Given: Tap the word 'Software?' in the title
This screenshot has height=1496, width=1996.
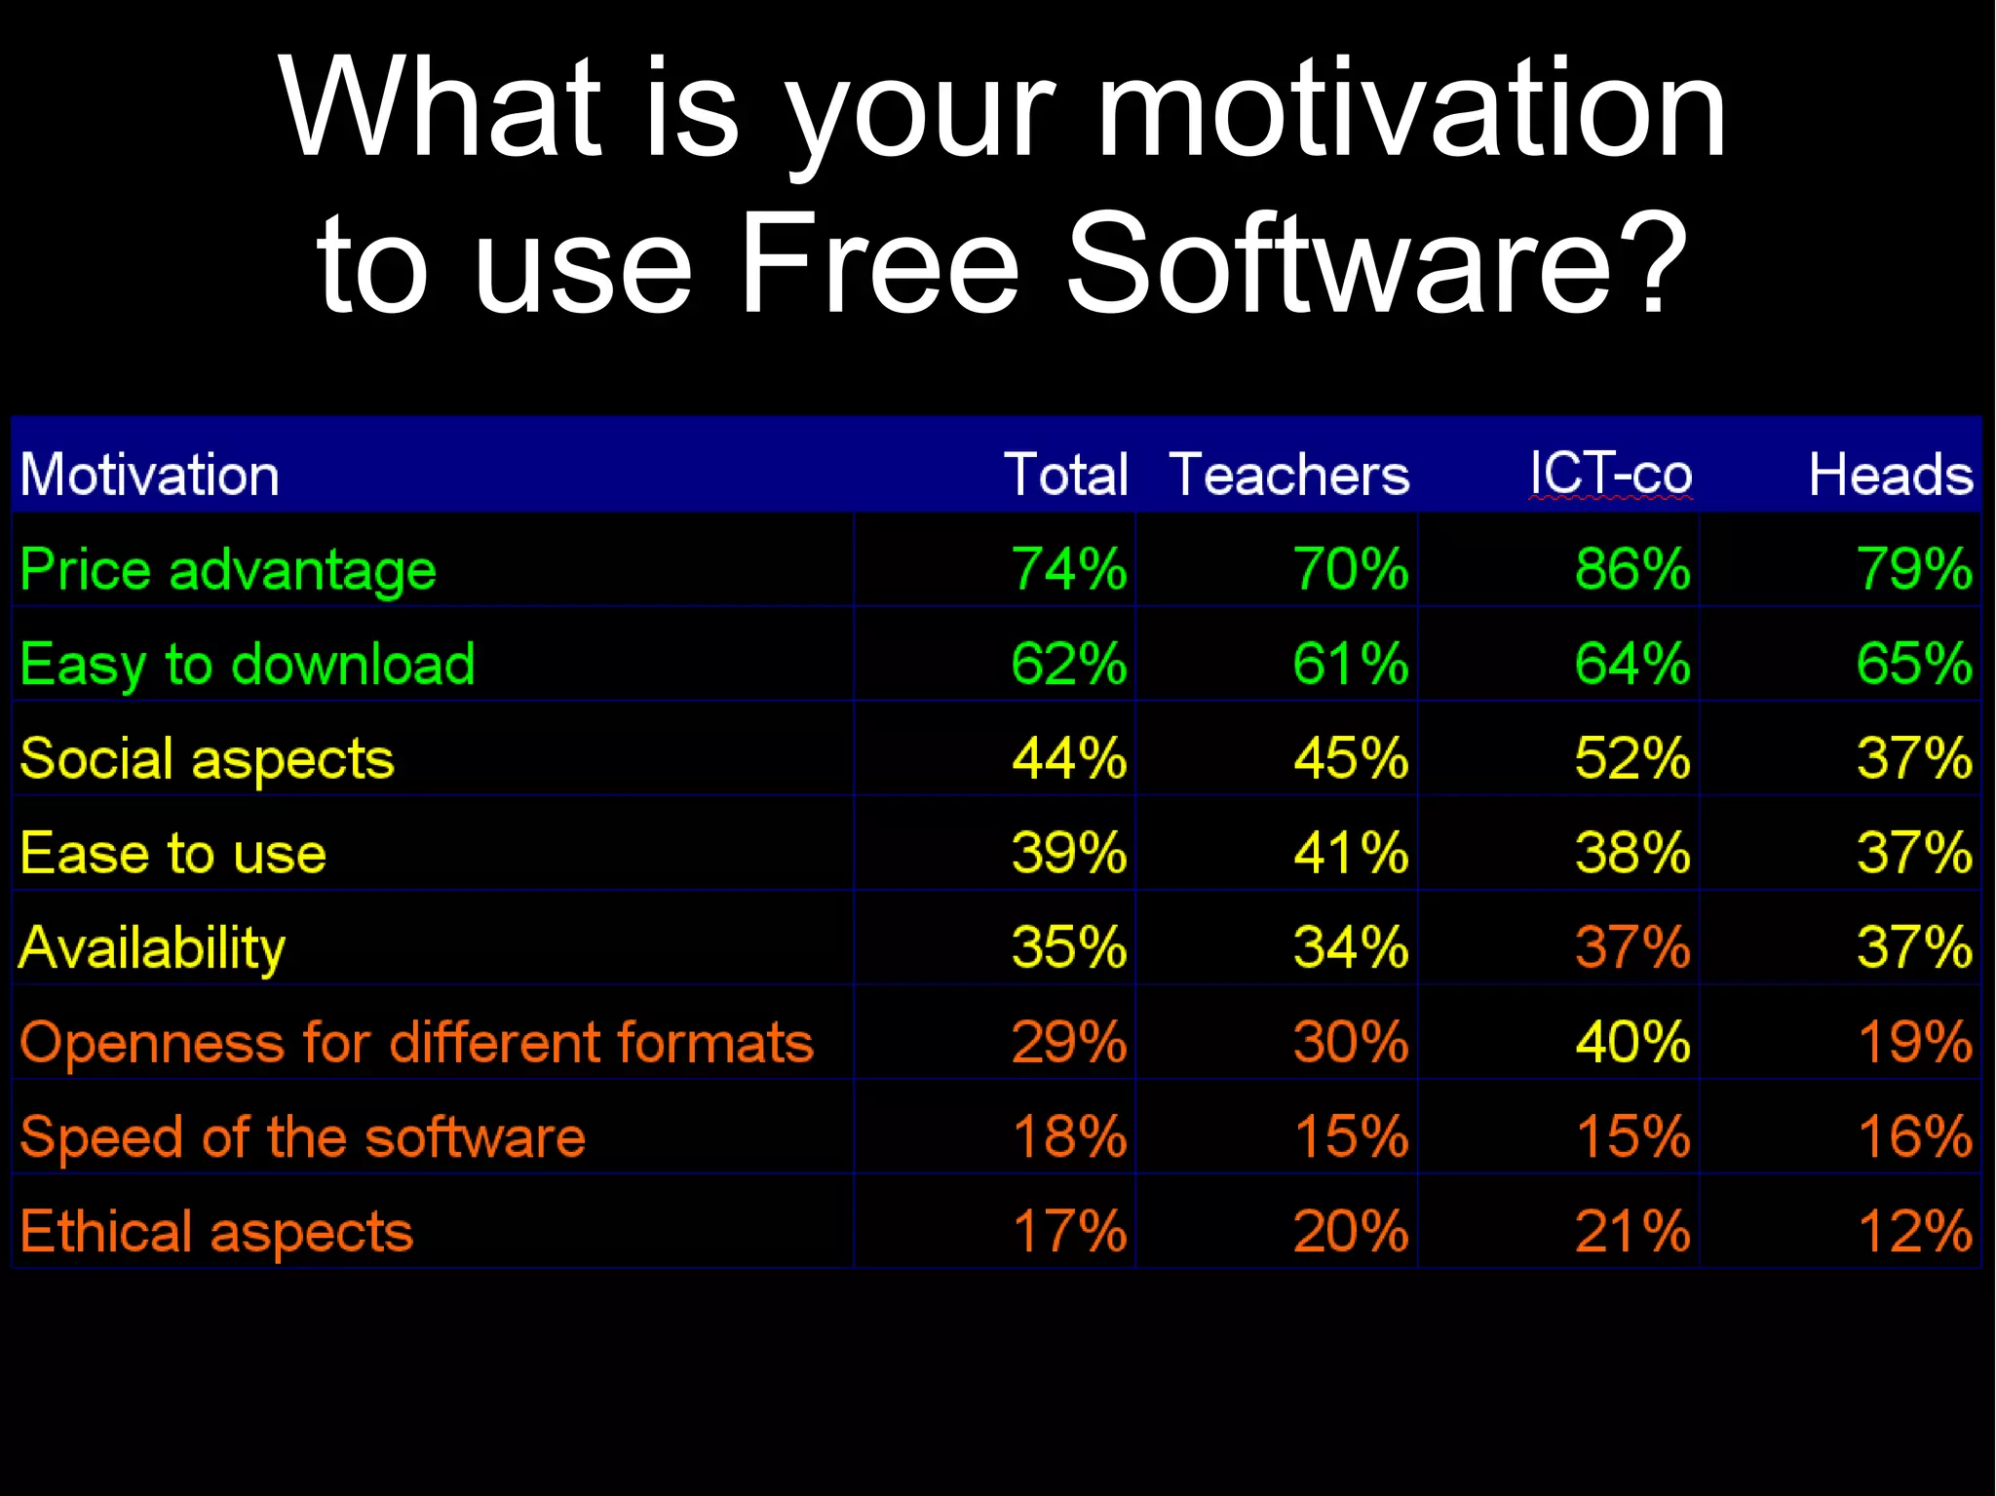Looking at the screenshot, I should click(x=1376, y=265).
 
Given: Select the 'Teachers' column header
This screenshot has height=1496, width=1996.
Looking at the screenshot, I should click(x=1288, y=475).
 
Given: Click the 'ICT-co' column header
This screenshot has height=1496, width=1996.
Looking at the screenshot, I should click(x=1610, y=475).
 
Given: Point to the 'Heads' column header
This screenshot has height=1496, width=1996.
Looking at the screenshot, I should click(x=1890, y=475).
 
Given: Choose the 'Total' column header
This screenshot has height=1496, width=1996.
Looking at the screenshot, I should click(x=1065, y=475).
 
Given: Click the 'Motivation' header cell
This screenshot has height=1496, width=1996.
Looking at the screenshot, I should click(x=150, y=475).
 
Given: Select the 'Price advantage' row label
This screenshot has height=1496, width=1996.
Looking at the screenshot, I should click(x=228, y=569).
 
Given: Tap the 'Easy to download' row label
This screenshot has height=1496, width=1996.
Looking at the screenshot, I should click(x=248, y=665).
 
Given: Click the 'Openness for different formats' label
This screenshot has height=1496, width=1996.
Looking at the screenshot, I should click(x=416, y=1042).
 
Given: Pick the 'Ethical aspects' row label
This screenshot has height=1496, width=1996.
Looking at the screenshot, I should click(x=216, y=1231).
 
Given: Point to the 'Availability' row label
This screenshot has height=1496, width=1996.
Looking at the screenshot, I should click(x=153, y=947).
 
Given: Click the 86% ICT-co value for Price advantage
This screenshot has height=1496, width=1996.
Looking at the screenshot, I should click(x=1631, y=569).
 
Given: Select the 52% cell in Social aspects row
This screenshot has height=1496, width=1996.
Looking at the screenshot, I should click(x=1631, y=758).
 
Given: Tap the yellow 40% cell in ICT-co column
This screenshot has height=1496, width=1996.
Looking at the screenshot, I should click(x=1631, y=1042).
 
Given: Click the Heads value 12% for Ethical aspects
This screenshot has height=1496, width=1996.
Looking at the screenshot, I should click(x=1914, y=1231).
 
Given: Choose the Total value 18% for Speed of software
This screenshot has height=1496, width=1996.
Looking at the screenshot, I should click(x=1069, y=1136).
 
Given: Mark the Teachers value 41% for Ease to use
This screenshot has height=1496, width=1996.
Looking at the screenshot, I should click(x=1351, y=853).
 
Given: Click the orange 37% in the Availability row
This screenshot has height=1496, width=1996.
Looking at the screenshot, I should click(x=1631, y=947).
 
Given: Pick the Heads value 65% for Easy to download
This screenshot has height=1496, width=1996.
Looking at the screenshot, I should click(x=1914, y=665).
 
